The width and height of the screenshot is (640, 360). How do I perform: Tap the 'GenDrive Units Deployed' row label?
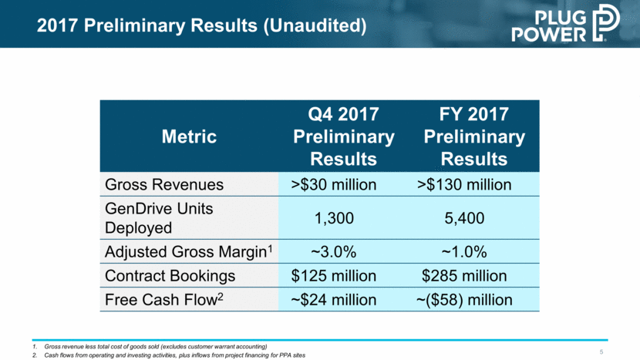(150, 218)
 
